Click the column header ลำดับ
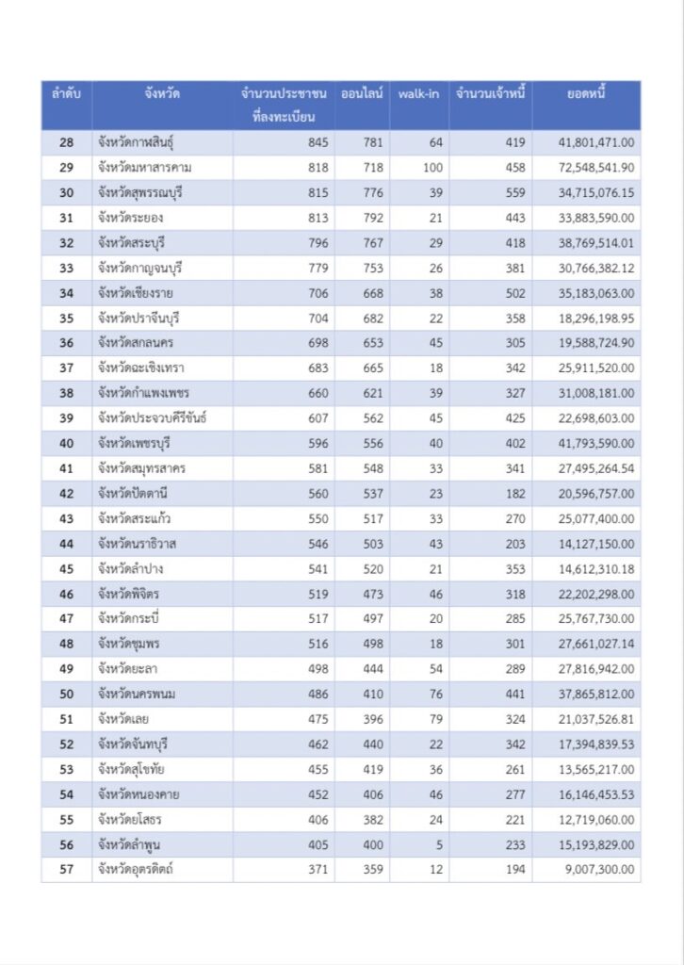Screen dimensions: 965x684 tap(66, 94)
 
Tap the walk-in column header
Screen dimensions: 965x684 tap(418, 94)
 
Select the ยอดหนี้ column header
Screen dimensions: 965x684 tap(586, 94)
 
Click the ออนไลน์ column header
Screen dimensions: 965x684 tap(362, 94)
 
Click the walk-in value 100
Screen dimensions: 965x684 tap(432, 168)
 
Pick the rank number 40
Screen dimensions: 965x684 tap(66, 444)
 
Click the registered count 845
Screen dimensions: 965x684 tap(318, 142)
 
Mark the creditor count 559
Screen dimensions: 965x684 tap(514, 192)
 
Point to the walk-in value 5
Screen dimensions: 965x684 tap(439, 844)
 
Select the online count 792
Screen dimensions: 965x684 tap(373, 218)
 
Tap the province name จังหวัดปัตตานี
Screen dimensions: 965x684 tap(132, 494)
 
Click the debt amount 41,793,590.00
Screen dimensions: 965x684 tap(596, 444)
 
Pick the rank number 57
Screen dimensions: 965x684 tap(66, 870)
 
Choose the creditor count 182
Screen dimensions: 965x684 tap(514, 494)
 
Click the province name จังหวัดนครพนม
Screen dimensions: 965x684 tap(137, 695)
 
